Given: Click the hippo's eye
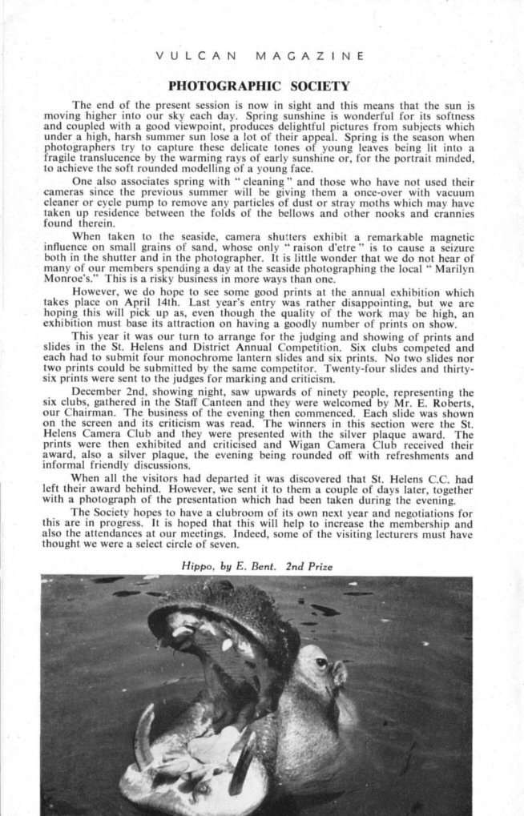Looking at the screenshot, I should (x=321, y=662).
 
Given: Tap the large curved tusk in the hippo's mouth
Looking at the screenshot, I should (x=143, y=733).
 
